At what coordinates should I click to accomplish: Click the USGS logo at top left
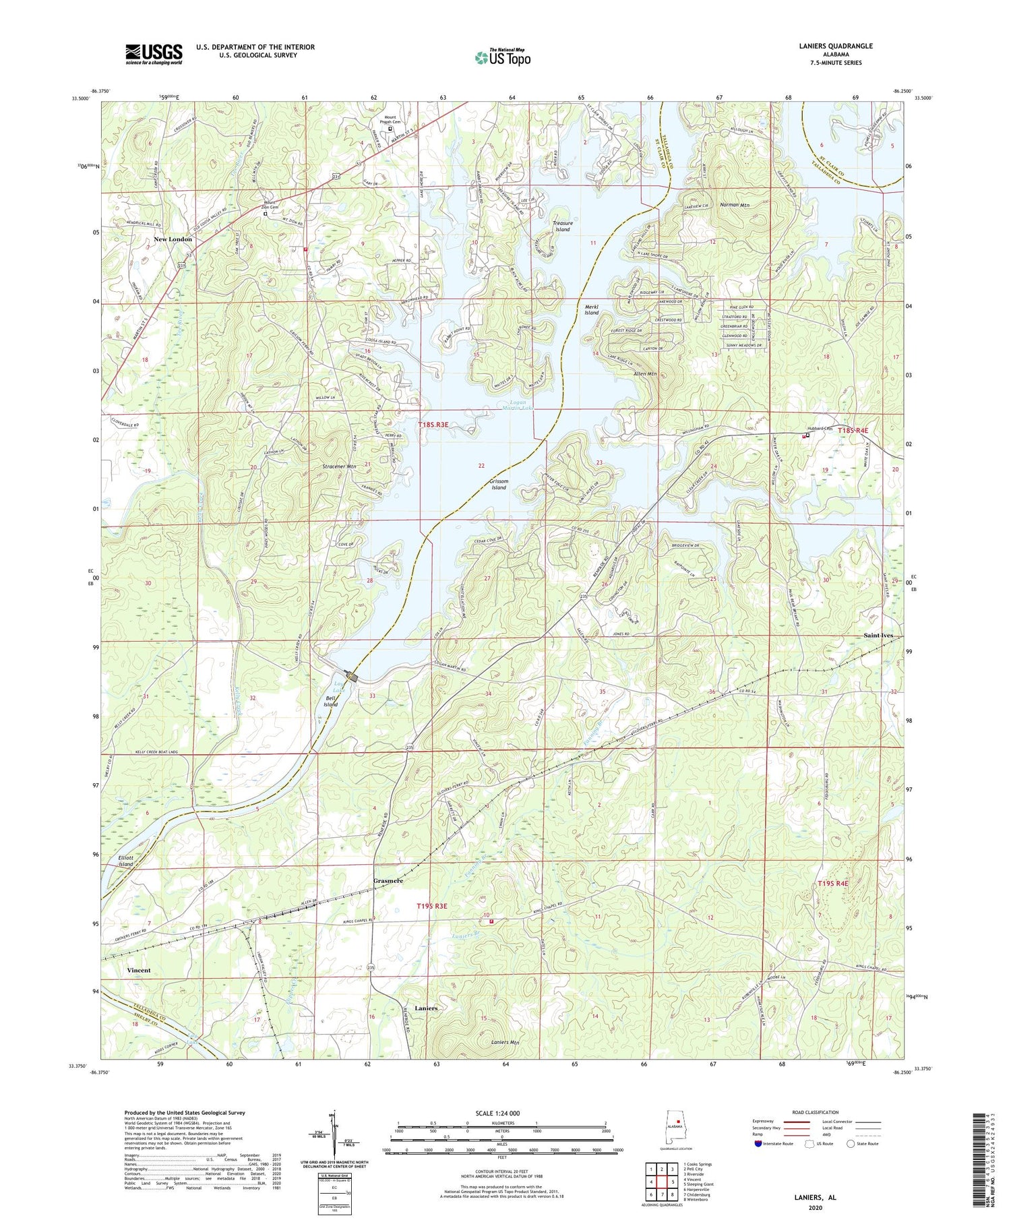(154, 54)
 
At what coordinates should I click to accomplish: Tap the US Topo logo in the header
(503, 57)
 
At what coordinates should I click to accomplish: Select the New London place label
(173, 239)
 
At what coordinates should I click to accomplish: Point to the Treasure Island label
(562, 226)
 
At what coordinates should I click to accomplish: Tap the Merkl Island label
(591, 309)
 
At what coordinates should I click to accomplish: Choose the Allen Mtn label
(644, 373)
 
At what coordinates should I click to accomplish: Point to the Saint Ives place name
(878, 636)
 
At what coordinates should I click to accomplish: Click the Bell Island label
(330, 701)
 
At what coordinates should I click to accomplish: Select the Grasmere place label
(388, 881)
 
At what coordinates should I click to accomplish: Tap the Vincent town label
(139, 970)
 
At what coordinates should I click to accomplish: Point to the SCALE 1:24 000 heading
(497, 1113)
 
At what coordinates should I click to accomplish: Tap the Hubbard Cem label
(820, 429)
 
